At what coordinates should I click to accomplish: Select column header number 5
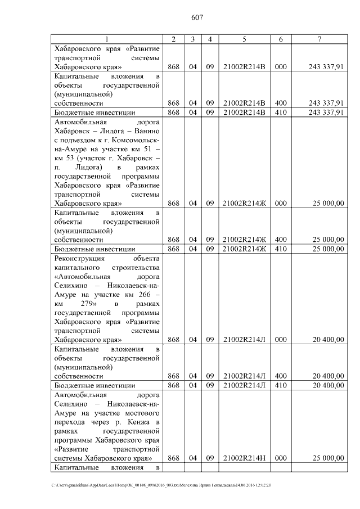[244, 39]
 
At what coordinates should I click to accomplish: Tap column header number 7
[319, 39]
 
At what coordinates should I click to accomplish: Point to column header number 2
[174, 39]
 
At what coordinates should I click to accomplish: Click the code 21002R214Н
[244, 458]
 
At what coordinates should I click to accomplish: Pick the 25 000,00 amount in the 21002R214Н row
[326, 458]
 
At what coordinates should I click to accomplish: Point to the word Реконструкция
[79, 258]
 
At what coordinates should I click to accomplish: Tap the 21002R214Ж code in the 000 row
[244, 203]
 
